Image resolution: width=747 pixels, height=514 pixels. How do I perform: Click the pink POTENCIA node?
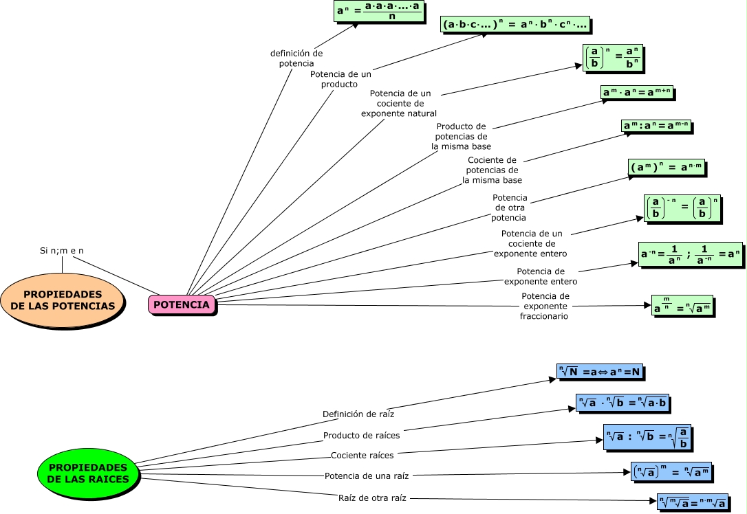point(182,304)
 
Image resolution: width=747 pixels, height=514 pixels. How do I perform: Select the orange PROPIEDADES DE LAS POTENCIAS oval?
point(63,300)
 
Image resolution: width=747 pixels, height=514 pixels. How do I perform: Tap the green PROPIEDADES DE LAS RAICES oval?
point(84,473)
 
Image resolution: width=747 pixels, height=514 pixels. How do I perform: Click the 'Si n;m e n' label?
point(61,251)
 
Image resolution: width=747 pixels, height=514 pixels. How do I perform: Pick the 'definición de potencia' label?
point(296,58)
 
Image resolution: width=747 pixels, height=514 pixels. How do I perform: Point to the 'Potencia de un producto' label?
point(340,79)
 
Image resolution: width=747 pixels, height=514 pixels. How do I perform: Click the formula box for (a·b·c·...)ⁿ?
point(515,25)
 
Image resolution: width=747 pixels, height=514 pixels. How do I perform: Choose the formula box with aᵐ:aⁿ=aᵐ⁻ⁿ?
point(656,126)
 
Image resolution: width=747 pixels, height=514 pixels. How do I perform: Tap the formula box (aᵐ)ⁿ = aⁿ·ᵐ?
point(667,168)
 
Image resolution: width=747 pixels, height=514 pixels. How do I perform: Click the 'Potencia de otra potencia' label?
point(509,208)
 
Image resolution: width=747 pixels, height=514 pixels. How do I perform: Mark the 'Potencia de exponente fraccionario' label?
point(545,306)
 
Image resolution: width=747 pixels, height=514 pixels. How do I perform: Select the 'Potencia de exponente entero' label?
point(541,276)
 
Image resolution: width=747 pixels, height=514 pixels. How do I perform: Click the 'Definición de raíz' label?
point(358,414)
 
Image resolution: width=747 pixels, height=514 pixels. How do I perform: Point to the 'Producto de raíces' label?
point(361,435)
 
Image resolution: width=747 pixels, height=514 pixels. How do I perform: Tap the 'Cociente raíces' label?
point(362,455)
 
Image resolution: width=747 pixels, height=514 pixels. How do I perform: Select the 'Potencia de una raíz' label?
point(367,476)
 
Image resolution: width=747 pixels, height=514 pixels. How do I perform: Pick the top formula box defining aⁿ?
point(378,12)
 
